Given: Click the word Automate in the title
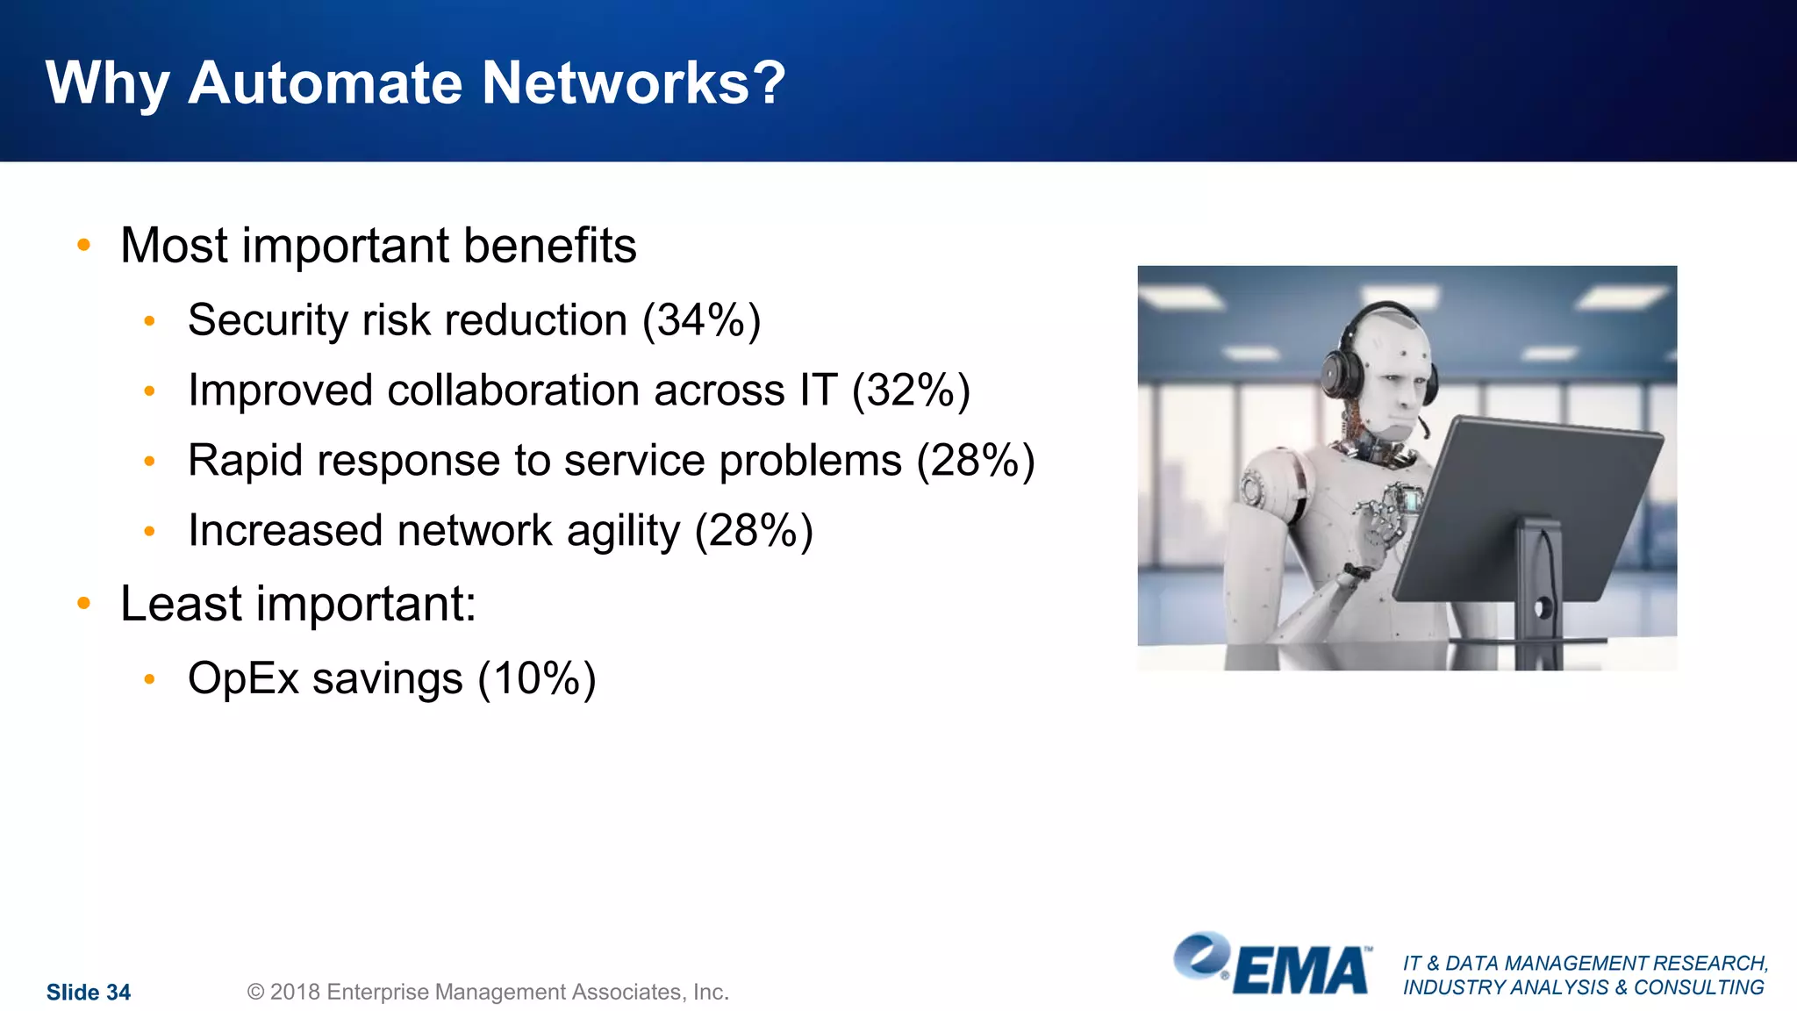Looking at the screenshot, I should coord(326,83).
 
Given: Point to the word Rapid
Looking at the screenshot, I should coord(245,461).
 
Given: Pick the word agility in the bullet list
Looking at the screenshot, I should coord(623,531).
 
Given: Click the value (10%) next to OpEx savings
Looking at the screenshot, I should coord(536,678).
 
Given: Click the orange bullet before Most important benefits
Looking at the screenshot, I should coord(84,245).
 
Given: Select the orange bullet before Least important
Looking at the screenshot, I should coord(84,603).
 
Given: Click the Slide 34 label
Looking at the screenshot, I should coord(88,992).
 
